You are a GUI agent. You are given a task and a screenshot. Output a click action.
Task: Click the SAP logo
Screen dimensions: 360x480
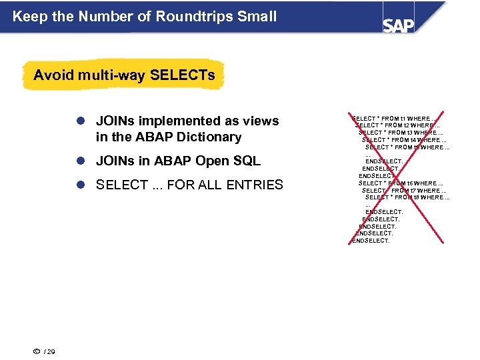398,25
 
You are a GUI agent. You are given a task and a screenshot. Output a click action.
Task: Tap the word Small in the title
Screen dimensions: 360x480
256,16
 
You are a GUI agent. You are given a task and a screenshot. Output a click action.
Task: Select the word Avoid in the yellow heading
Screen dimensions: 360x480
52,75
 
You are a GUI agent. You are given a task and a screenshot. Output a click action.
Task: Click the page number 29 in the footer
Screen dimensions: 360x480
51,351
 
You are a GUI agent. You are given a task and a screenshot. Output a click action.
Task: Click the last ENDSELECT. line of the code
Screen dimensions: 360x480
371,241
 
